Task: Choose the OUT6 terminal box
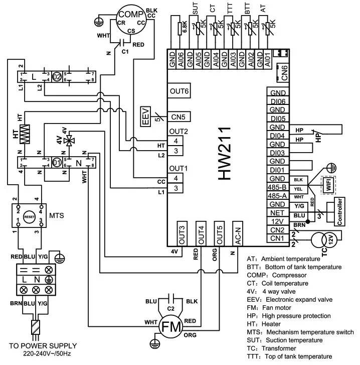(179, 91)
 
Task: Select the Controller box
(340, 211)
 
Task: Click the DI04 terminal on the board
(277, 136)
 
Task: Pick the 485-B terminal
(277, 187)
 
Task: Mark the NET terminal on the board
(277, 213)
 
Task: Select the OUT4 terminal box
(202, 234)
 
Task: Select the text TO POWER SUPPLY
(43, 346)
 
